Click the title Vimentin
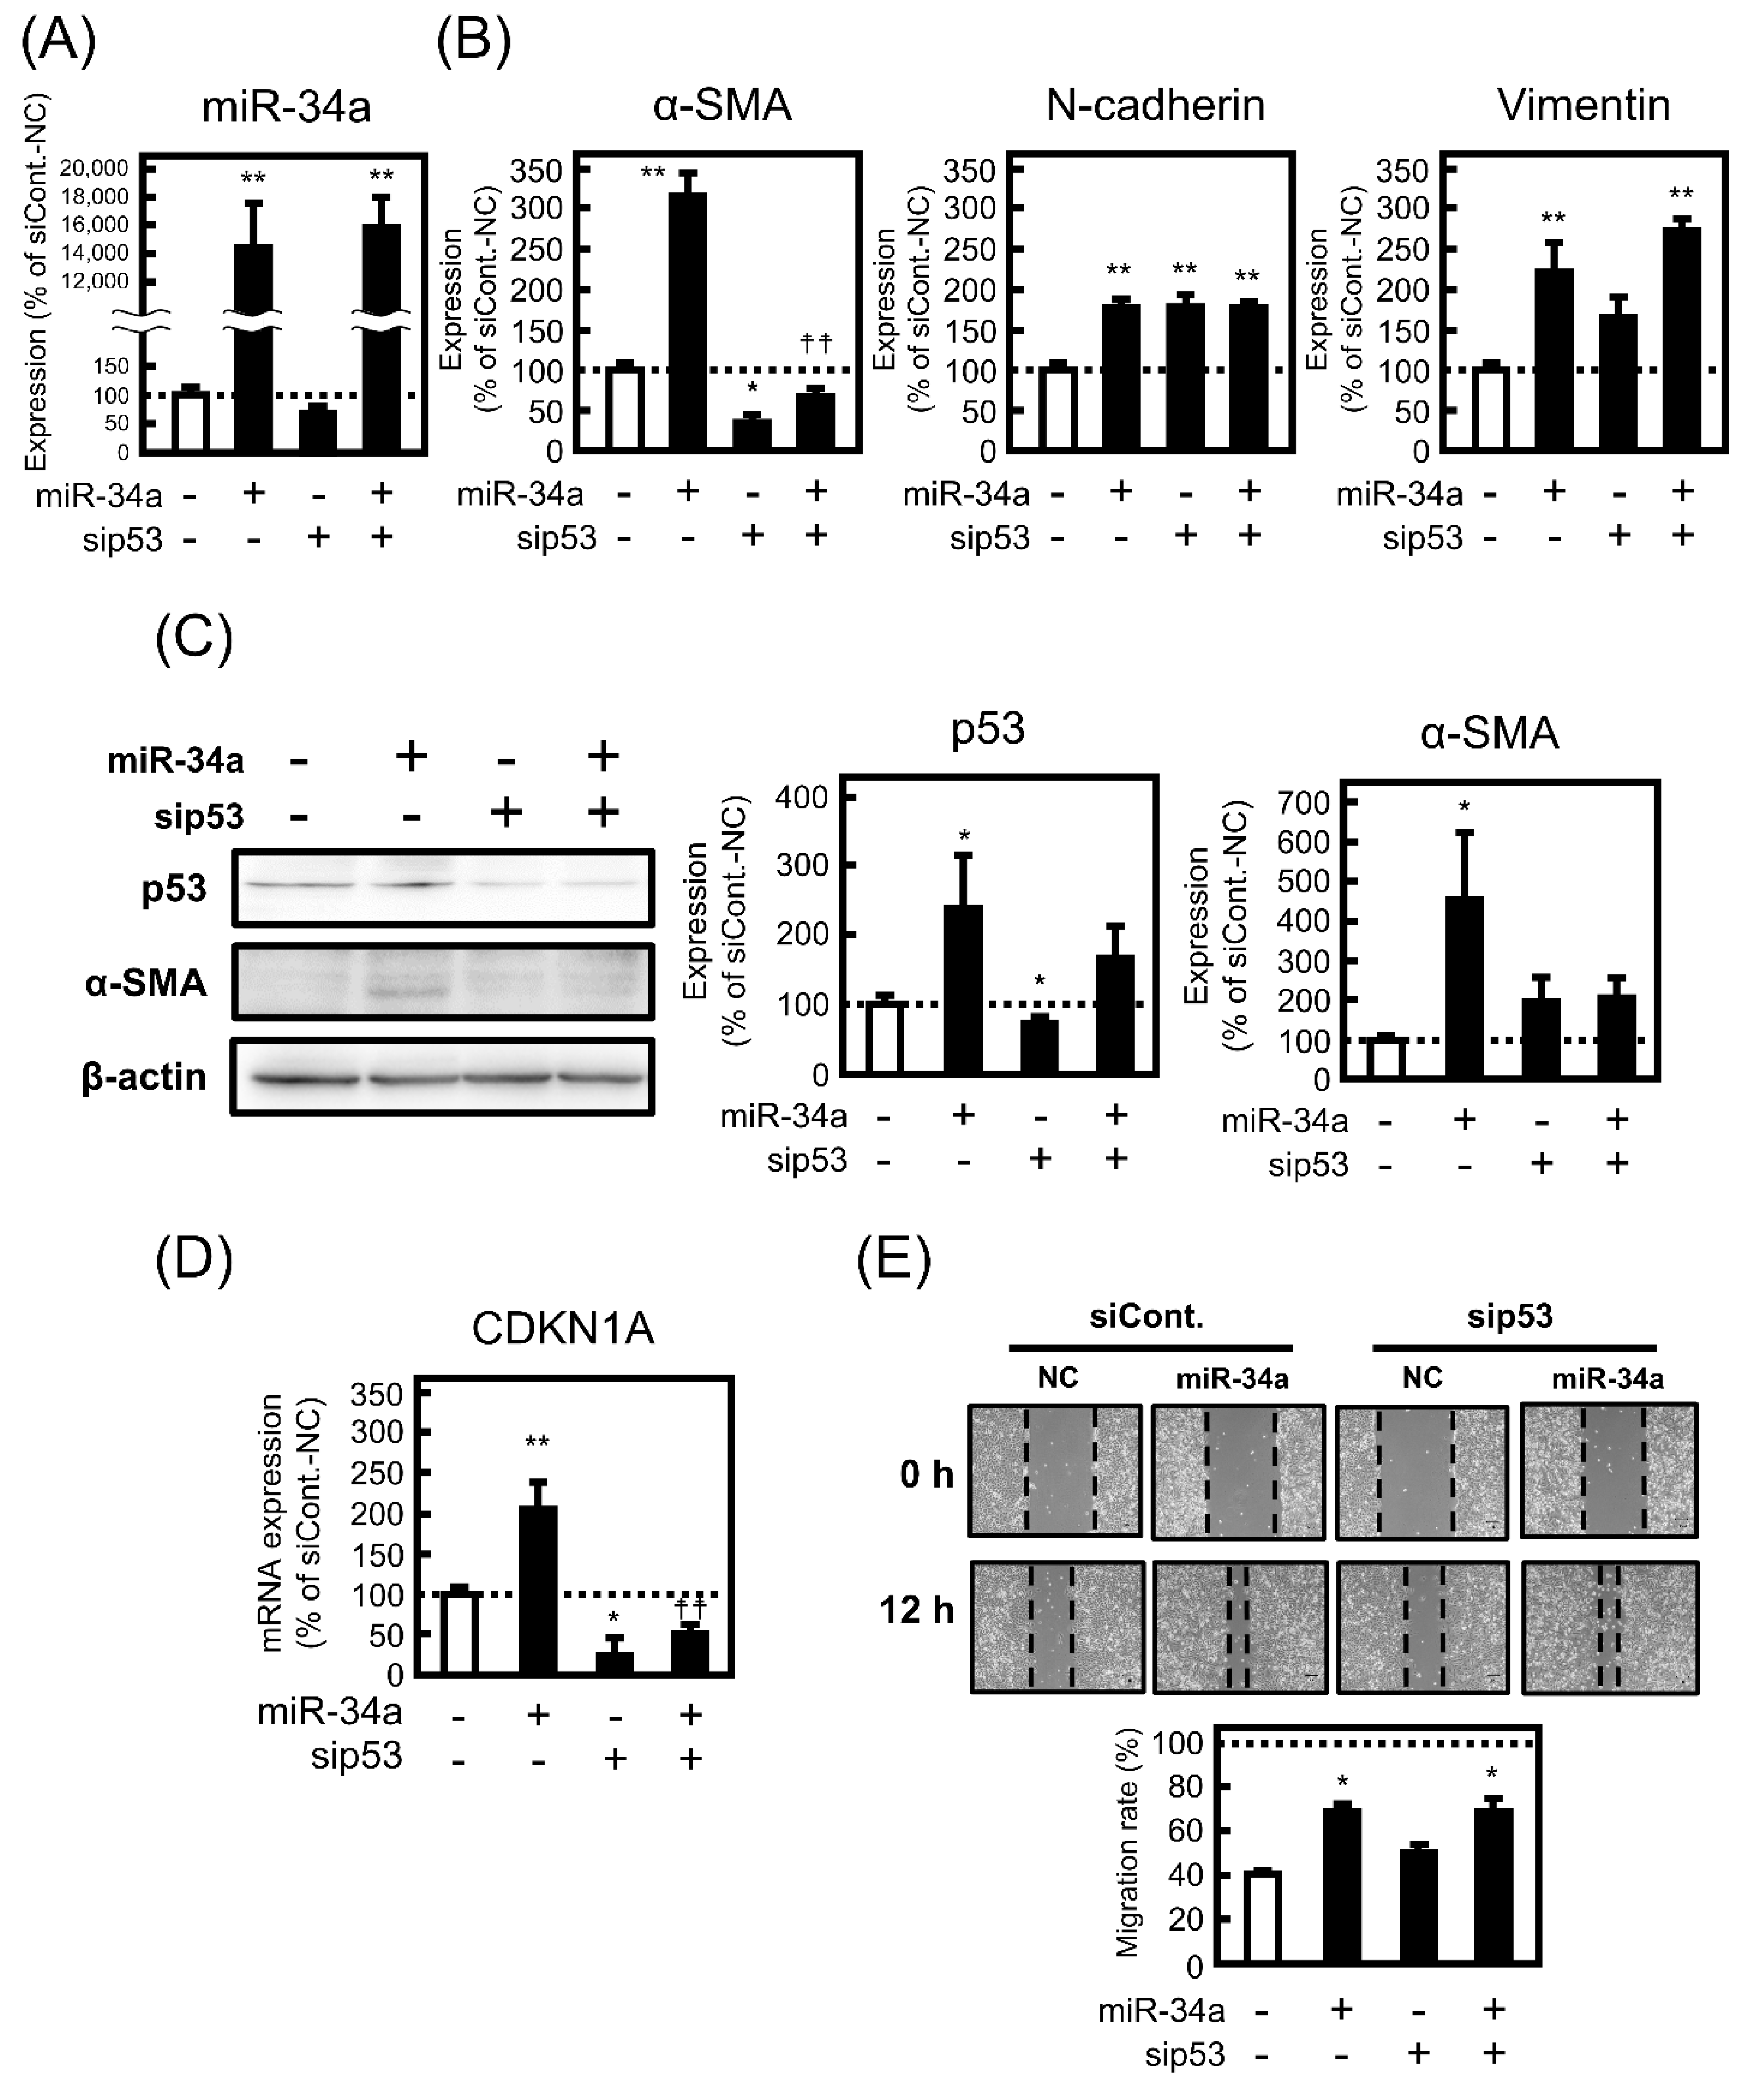point(1583,105)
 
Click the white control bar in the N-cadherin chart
point(1058,410)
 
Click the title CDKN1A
point(562,1328)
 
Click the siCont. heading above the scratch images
point(1146,1316)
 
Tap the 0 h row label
point(926,1474)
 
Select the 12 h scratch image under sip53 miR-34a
point(1609,1627)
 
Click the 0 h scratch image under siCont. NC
point(1056,1471)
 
